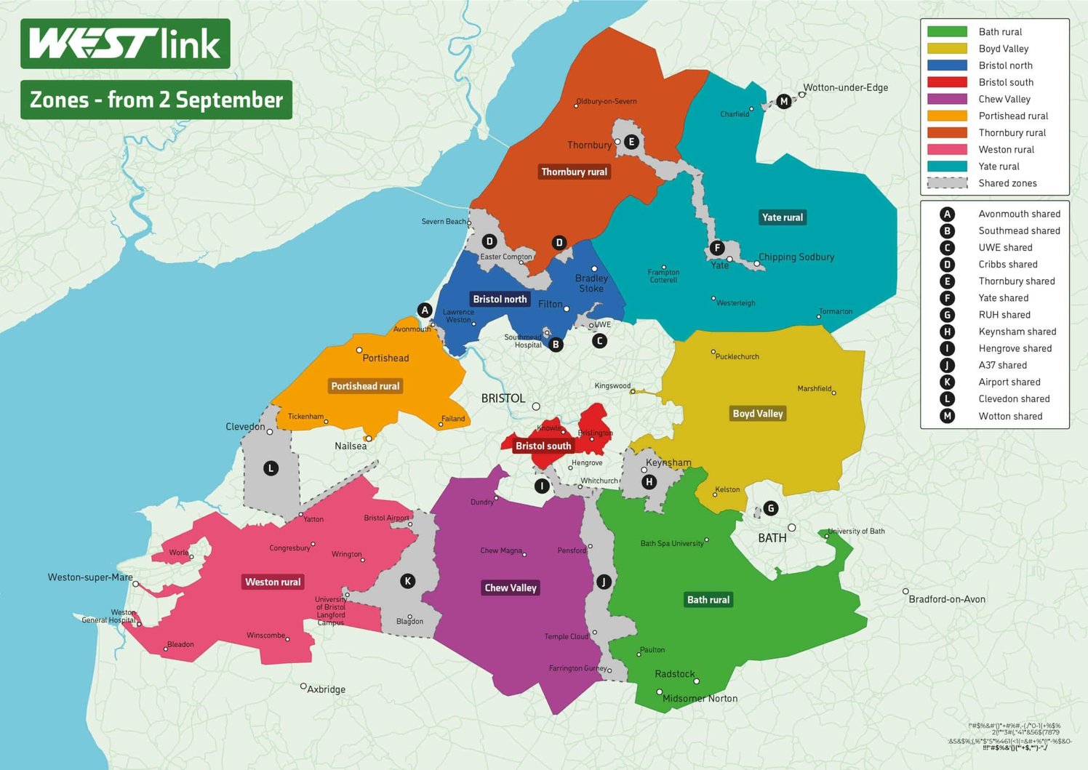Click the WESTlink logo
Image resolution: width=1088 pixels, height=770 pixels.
pos(125,44)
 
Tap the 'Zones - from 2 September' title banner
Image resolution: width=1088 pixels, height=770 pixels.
pos(156,100)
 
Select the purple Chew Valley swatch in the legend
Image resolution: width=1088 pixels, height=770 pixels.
pos(947,99)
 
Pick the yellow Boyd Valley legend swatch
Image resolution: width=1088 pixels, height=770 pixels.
pos(947,49)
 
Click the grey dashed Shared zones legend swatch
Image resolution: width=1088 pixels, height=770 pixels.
pos(947,183)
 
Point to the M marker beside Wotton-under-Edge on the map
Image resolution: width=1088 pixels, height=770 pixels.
pos(783,101)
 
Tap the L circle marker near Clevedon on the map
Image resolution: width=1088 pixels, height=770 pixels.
pos(271,468)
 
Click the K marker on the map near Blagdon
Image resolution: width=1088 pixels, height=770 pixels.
pos(407,581)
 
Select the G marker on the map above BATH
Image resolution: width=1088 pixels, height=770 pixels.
pos(771,508)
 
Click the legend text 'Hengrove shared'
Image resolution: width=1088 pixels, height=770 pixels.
pos(1015,348)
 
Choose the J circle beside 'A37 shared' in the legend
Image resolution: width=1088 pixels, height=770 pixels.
pos(947,365)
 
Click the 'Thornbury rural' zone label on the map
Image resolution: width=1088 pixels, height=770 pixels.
pos(574,172)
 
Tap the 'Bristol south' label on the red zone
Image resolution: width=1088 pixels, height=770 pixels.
pos(543,446)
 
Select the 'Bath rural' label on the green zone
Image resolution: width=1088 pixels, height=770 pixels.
pos(708,600)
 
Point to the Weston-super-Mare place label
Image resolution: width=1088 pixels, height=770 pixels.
pos(90,577)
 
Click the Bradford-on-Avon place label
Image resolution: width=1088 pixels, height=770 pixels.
pos(947,599)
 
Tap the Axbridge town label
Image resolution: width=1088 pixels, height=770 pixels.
pos(326,689)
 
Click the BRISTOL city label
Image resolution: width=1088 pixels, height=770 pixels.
pos(503,398)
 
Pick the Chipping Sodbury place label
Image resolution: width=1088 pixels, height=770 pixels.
pos(796,257)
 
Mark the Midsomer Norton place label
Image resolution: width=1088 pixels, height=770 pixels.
pos(700,699)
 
